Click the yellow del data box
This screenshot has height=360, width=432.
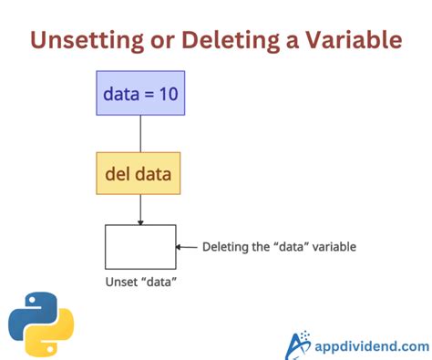click(x=139, y=173)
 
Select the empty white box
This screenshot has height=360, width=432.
click(x=140, y=246)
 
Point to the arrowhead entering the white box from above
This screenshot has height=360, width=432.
click(x=139, y=221)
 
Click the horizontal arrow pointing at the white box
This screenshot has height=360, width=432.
click(x=187, y=246)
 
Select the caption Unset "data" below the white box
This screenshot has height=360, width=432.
click(x=140, y=281)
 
